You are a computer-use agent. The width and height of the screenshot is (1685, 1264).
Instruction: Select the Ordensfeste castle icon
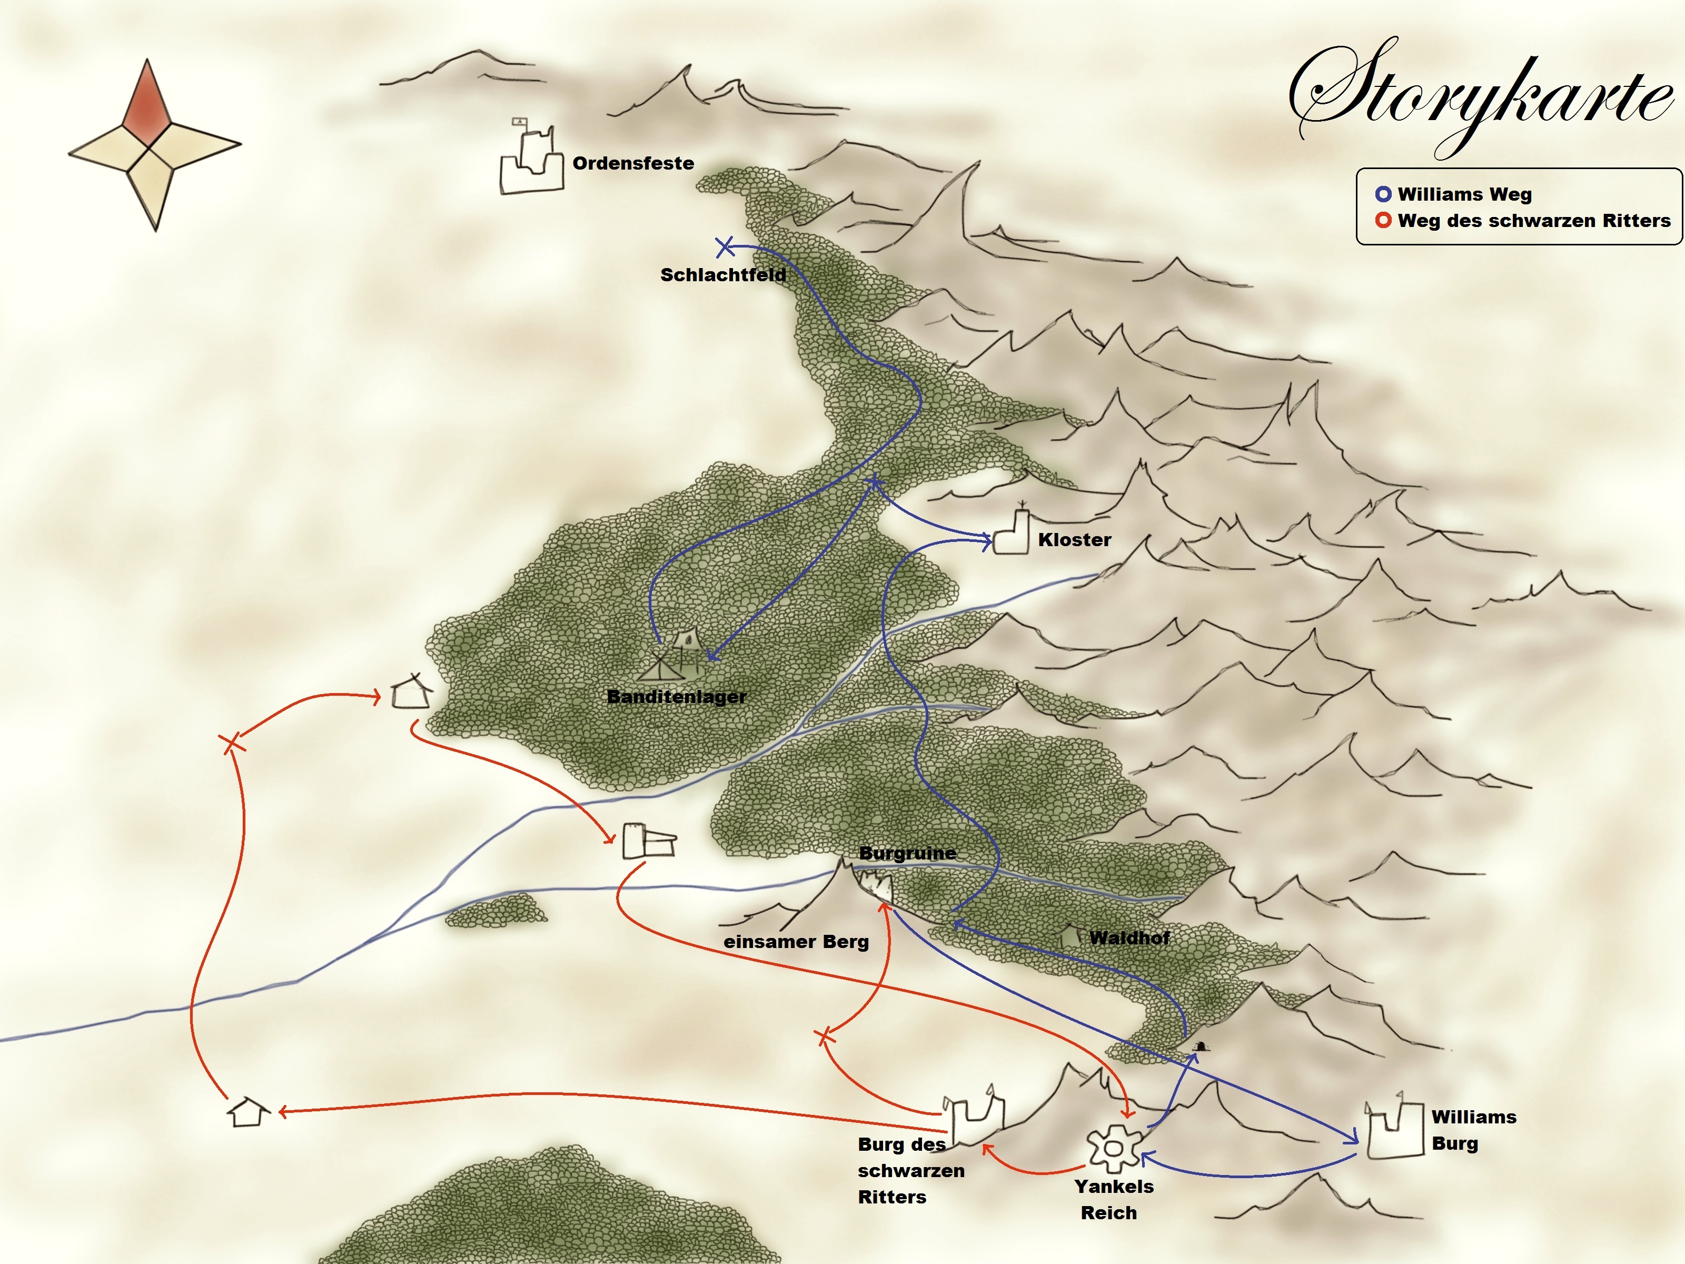(x=531, y=164)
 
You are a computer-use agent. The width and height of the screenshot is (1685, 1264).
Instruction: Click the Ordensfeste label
(x=633, y=163)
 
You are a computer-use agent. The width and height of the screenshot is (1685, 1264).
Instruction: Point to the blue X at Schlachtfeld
(x=725, y=247)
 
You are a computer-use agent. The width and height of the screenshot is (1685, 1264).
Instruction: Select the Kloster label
(x=1074, y=540)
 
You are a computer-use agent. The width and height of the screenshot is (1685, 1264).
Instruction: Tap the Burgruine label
(x=907, y=853)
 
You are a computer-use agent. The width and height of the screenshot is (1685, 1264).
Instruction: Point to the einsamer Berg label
(x=796, y=942)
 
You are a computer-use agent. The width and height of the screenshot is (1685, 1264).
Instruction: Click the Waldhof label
(x=1129, y=938)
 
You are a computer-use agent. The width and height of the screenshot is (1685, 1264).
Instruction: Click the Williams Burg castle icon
(x=1394, y=1131)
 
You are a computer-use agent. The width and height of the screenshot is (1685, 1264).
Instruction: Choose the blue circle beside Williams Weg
(x=1383, y=194)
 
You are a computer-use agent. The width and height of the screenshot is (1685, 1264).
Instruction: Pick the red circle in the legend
(x=1383, y=221)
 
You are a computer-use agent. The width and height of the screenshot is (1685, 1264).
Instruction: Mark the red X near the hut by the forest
(x=232, y=744)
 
